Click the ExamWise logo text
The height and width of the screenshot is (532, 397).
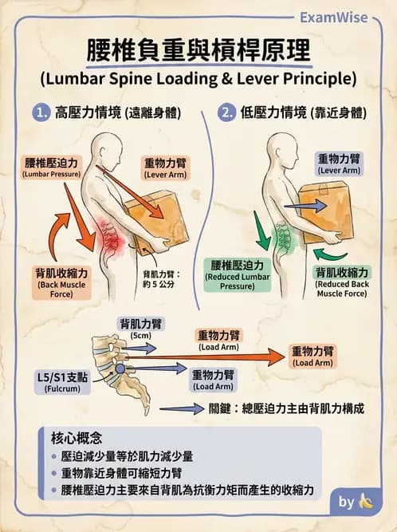(333, 18)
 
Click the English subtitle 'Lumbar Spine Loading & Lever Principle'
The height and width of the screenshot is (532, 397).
(198, 79)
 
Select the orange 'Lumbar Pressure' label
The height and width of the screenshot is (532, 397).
(51, 167)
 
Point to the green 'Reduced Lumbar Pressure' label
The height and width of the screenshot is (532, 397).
(238, 275)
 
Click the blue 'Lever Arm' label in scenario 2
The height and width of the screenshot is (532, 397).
(339, 164)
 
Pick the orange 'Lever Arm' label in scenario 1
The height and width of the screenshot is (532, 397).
(166, 168)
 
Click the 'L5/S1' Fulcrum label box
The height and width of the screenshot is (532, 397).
(62, 382)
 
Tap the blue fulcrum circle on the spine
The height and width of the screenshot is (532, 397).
(120, 368)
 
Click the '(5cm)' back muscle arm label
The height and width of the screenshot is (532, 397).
(140, 336)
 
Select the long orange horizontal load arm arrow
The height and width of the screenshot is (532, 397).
(206, 357)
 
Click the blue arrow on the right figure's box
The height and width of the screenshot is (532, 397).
(305, 206)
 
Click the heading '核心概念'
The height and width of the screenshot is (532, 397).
(77, 438)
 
